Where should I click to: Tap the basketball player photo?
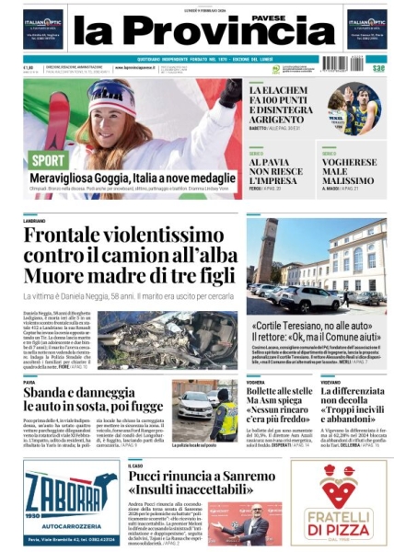tap(353, 109)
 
